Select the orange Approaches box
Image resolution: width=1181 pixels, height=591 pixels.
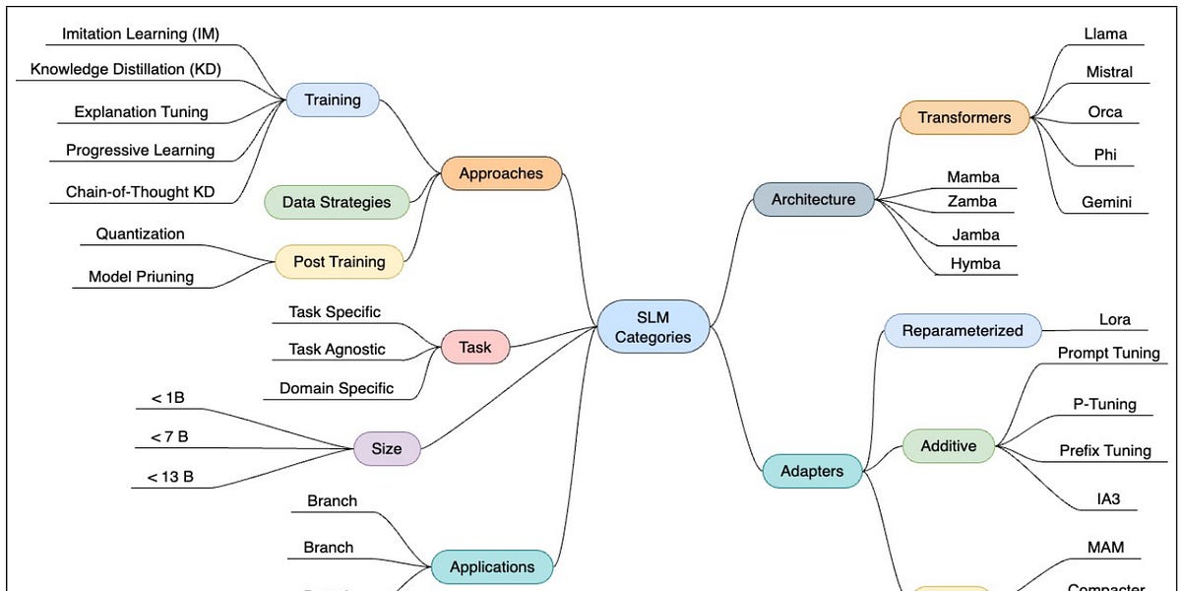tap(501, 173)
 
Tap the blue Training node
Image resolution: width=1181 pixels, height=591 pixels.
tap(333, 99)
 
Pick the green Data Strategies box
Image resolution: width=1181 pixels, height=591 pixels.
tap(337, 202)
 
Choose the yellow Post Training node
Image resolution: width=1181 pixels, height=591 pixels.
tap(339, 262)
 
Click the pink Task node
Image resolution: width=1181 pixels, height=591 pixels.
tap(475, 347)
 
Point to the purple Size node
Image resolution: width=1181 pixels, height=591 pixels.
tap(386, 448)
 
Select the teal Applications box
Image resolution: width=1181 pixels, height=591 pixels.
tap(492, 566)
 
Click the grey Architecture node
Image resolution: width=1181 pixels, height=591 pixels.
tap(813, 199)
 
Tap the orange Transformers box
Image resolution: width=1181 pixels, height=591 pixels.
tap(963, 117)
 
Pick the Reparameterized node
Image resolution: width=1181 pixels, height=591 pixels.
tap(963, 331)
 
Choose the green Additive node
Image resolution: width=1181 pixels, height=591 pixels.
tap(949, 446)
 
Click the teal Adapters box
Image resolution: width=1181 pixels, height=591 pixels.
tap(812, 471)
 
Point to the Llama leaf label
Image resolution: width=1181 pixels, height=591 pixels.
tap(1105, 33)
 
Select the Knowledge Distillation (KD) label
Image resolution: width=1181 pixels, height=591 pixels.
tap(126, 69)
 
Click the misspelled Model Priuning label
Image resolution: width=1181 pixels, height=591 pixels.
tap(142, 277)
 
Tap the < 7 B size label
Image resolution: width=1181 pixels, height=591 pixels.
tap(169, 436)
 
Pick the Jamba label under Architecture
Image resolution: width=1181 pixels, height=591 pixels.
tap(975, 234)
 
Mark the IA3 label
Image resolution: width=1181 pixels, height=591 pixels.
tap(1108, 499)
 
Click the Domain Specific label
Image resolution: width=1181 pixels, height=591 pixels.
tap(338, 388)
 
